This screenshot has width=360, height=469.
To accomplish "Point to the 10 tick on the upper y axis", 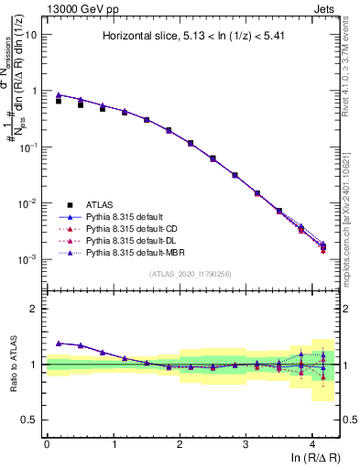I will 30,34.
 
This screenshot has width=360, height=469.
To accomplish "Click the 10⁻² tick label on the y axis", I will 28,203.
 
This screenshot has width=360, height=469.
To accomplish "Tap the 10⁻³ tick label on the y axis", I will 28,259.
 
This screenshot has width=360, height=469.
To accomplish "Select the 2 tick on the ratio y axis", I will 33,309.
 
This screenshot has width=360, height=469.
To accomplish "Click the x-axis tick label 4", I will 312,443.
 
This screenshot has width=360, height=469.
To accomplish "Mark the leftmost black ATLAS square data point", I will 59,101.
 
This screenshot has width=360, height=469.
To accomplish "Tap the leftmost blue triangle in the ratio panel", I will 59,343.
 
